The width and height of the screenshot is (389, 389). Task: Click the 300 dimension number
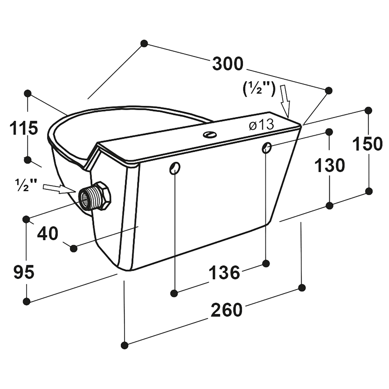[x=228, y=64]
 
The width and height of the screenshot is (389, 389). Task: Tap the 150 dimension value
[x=368, y=144]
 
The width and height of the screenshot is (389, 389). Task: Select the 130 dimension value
[x=329, y=166]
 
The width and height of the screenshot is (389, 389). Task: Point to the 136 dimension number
[x=225, y=273]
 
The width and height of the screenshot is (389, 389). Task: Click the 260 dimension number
[x=226, y=310]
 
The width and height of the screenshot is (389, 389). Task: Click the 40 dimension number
[x=47, y=234]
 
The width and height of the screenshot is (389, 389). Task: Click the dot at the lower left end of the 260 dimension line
[x=125, y=345]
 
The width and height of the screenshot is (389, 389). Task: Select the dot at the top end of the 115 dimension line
[x=28, y=93]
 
